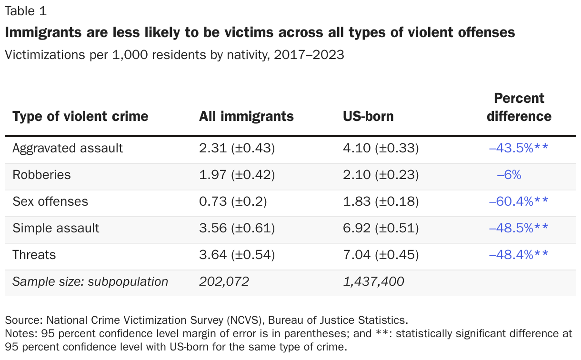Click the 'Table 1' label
point(26,10)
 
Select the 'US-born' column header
point(368,116)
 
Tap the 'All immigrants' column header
point(246,116)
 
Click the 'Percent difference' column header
point(519,107)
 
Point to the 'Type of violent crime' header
point(80,116)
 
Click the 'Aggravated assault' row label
point(68,148)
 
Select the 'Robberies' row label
point(41,175)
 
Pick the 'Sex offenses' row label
point(50,201)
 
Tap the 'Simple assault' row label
point(56,228)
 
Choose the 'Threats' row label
point(34,255)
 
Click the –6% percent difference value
point(509,175)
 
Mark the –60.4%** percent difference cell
point(519,201)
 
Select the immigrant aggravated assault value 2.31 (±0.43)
point(237,148)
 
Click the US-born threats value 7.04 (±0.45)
point(381,255)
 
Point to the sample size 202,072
point(224,281)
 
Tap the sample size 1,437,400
point(373,281)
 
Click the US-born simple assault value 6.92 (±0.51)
point(381,228)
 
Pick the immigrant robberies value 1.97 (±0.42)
point(237,175)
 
